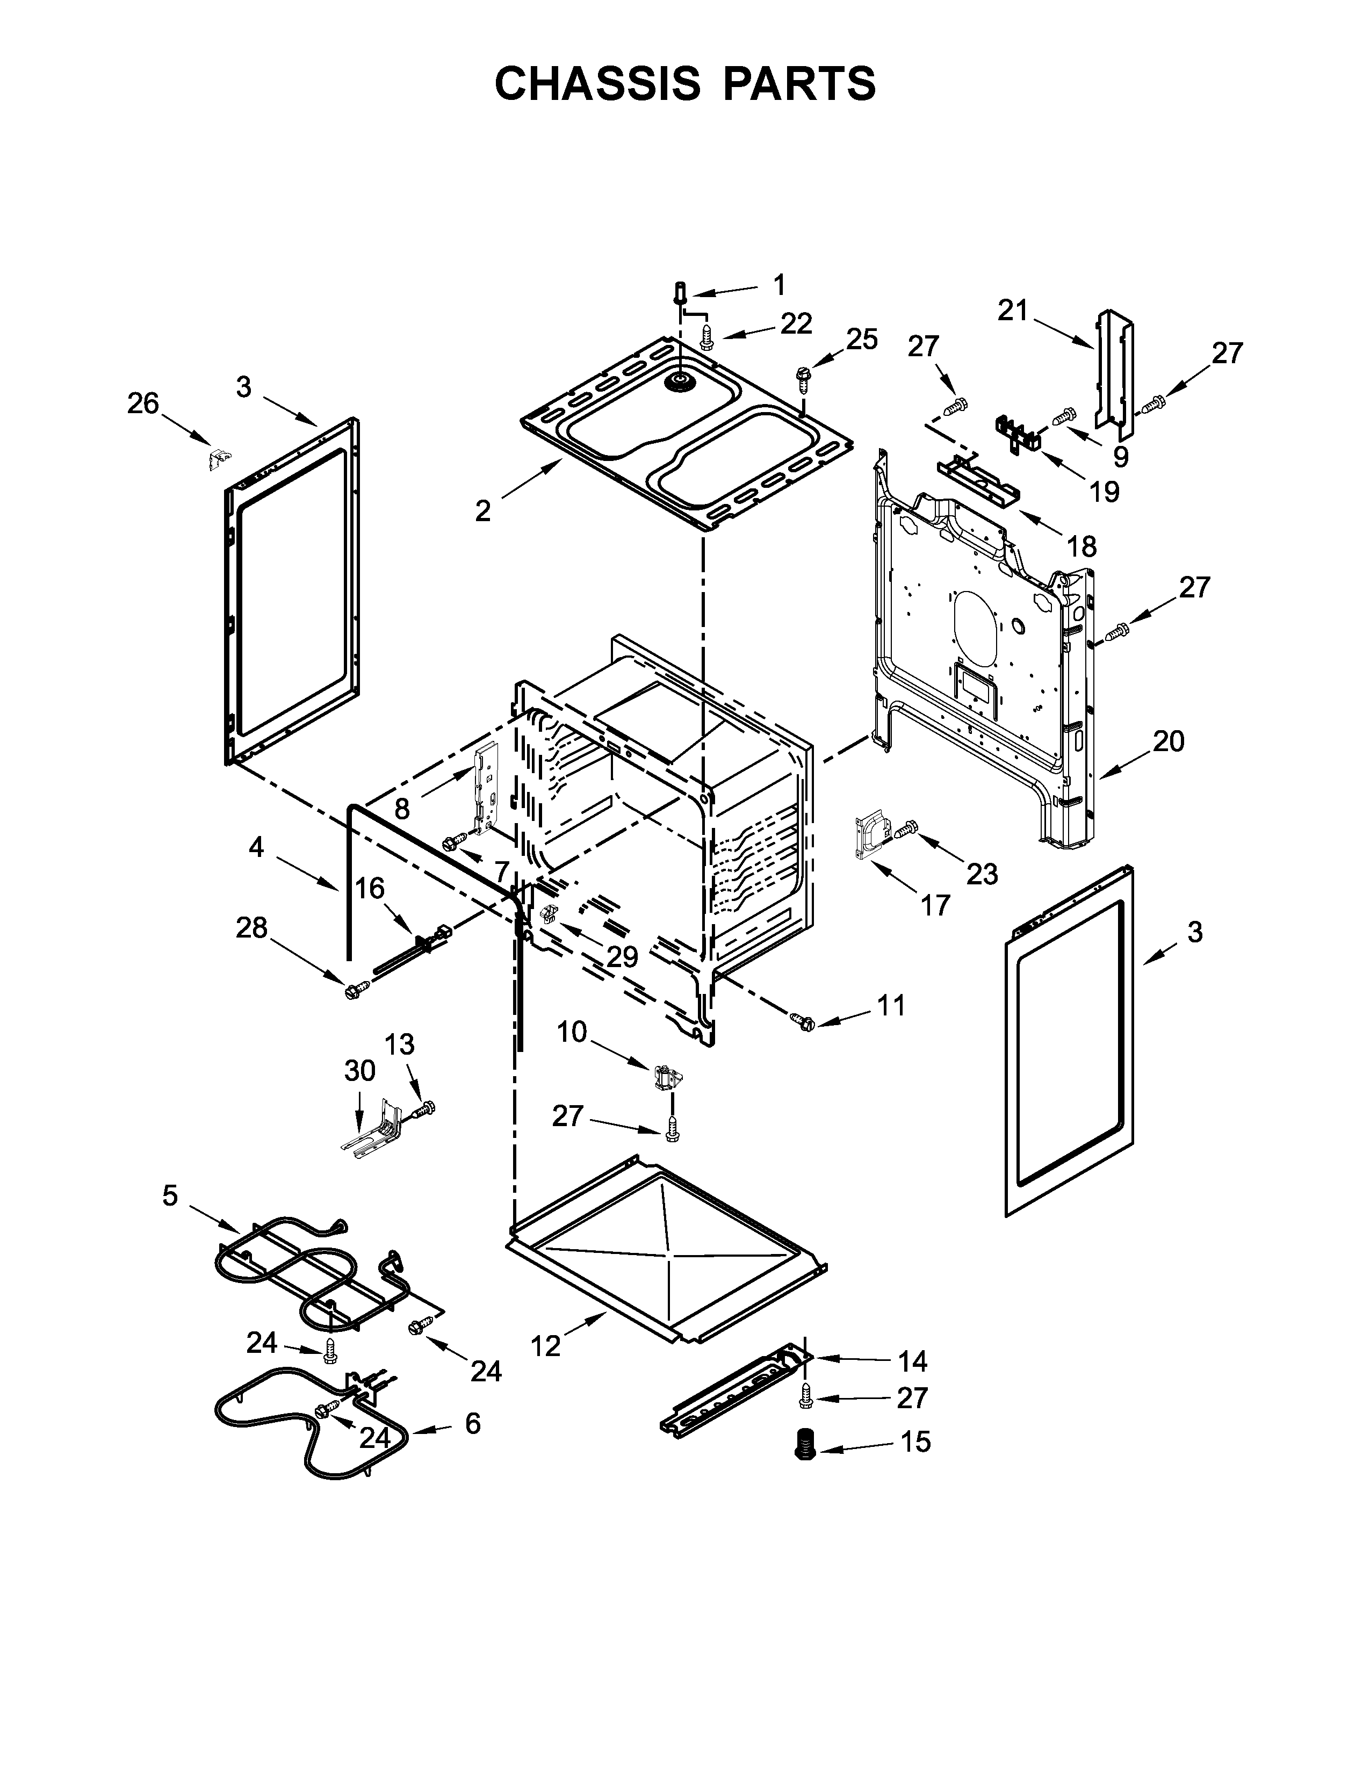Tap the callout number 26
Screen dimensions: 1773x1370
click(143, 403)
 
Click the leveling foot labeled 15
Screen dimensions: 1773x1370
click(804, 1445)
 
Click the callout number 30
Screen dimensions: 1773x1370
click(359, 1071)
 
